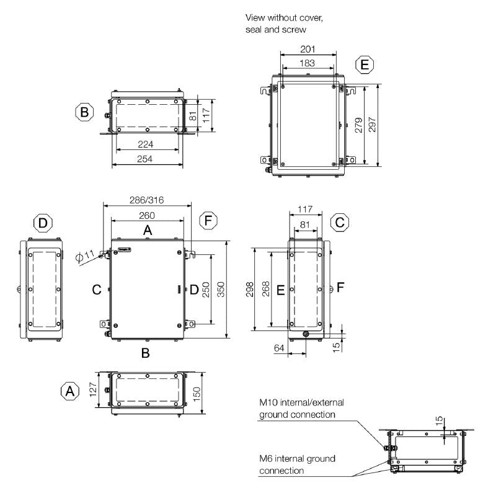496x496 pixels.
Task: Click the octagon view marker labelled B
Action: (84, 113)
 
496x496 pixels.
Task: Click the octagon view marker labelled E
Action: (365, 64)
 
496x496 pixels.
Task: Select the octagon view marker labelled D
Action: (42, 223)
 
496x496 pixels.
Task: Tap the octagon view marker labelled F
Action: (209, 219)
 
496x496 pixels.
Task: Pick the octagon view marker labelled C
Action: (339, 223)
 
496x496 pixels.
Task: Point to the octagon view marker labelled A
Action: (70, 391)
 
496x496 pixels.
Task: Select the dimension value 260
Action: (147, 215)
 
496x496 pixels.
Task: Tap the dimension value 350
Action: (221, 288)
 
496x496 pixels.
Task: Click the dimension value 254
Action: (147, 159)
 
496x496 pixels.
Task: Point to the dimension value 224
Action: (147, 144)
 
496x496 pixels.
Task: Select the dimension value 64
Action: (279, 349)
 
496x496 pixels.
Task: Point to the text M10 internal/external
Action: (301, 402)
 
